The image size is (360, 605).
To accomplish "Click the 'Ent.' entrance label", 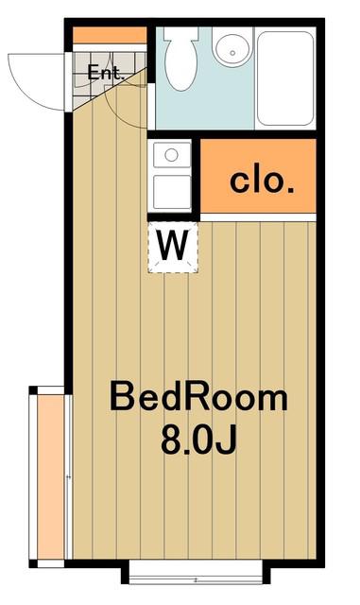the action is [105, 73].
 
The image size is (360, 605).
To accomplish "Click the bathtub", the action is [285, 78].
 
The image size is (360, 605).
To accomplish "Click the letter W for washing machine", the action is [173, 245].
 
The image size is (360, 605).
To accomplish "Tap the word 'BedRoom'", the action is [198, 396].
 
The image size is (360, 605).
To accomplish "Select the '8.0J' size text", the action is [197, 440].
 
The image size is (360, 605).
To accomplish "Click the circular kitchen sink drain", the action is [171, 155].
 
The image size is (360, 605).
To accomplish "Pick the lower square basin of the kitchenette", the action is [172, 192].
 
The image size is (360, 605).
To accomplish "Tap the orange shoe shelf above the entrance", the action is [110, 36].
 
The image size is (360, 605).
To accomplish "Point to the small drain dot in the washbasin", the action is [231, 53].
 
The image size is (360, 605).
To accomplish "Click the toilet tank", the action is [181, 34].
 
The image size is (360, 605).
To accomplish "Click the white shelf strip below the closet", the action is [258, 217].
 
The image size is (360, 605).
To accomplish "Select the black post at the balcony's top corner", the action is [33, 390].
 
